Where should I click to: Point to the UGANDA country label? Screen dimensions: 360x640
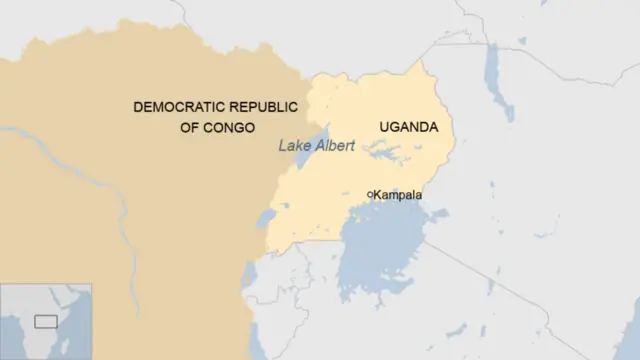click(x=408, y=127)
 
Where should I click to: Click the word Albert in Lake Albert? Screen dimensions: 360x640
click(x=334, y=146)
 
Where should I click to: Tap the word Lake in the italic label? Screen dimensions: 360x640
click(x=293, y=146)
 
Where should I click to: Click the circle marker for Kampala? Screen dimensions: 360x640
click(x=370, y=194)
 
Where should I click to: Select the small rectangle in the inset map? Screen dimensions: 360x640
click(x=45, y=321)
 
